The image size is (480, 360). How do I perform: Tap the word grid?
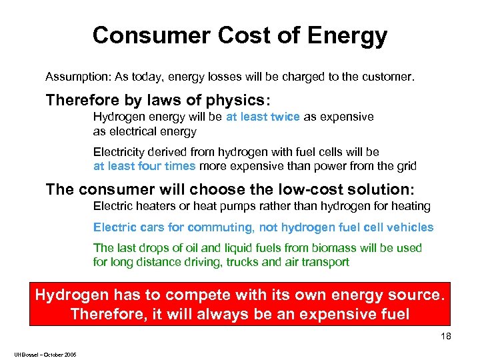pyautogui.click(x=405, y=166)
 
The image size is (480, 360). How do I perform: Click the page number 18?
pyautogui.click(x=445, y=337)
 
